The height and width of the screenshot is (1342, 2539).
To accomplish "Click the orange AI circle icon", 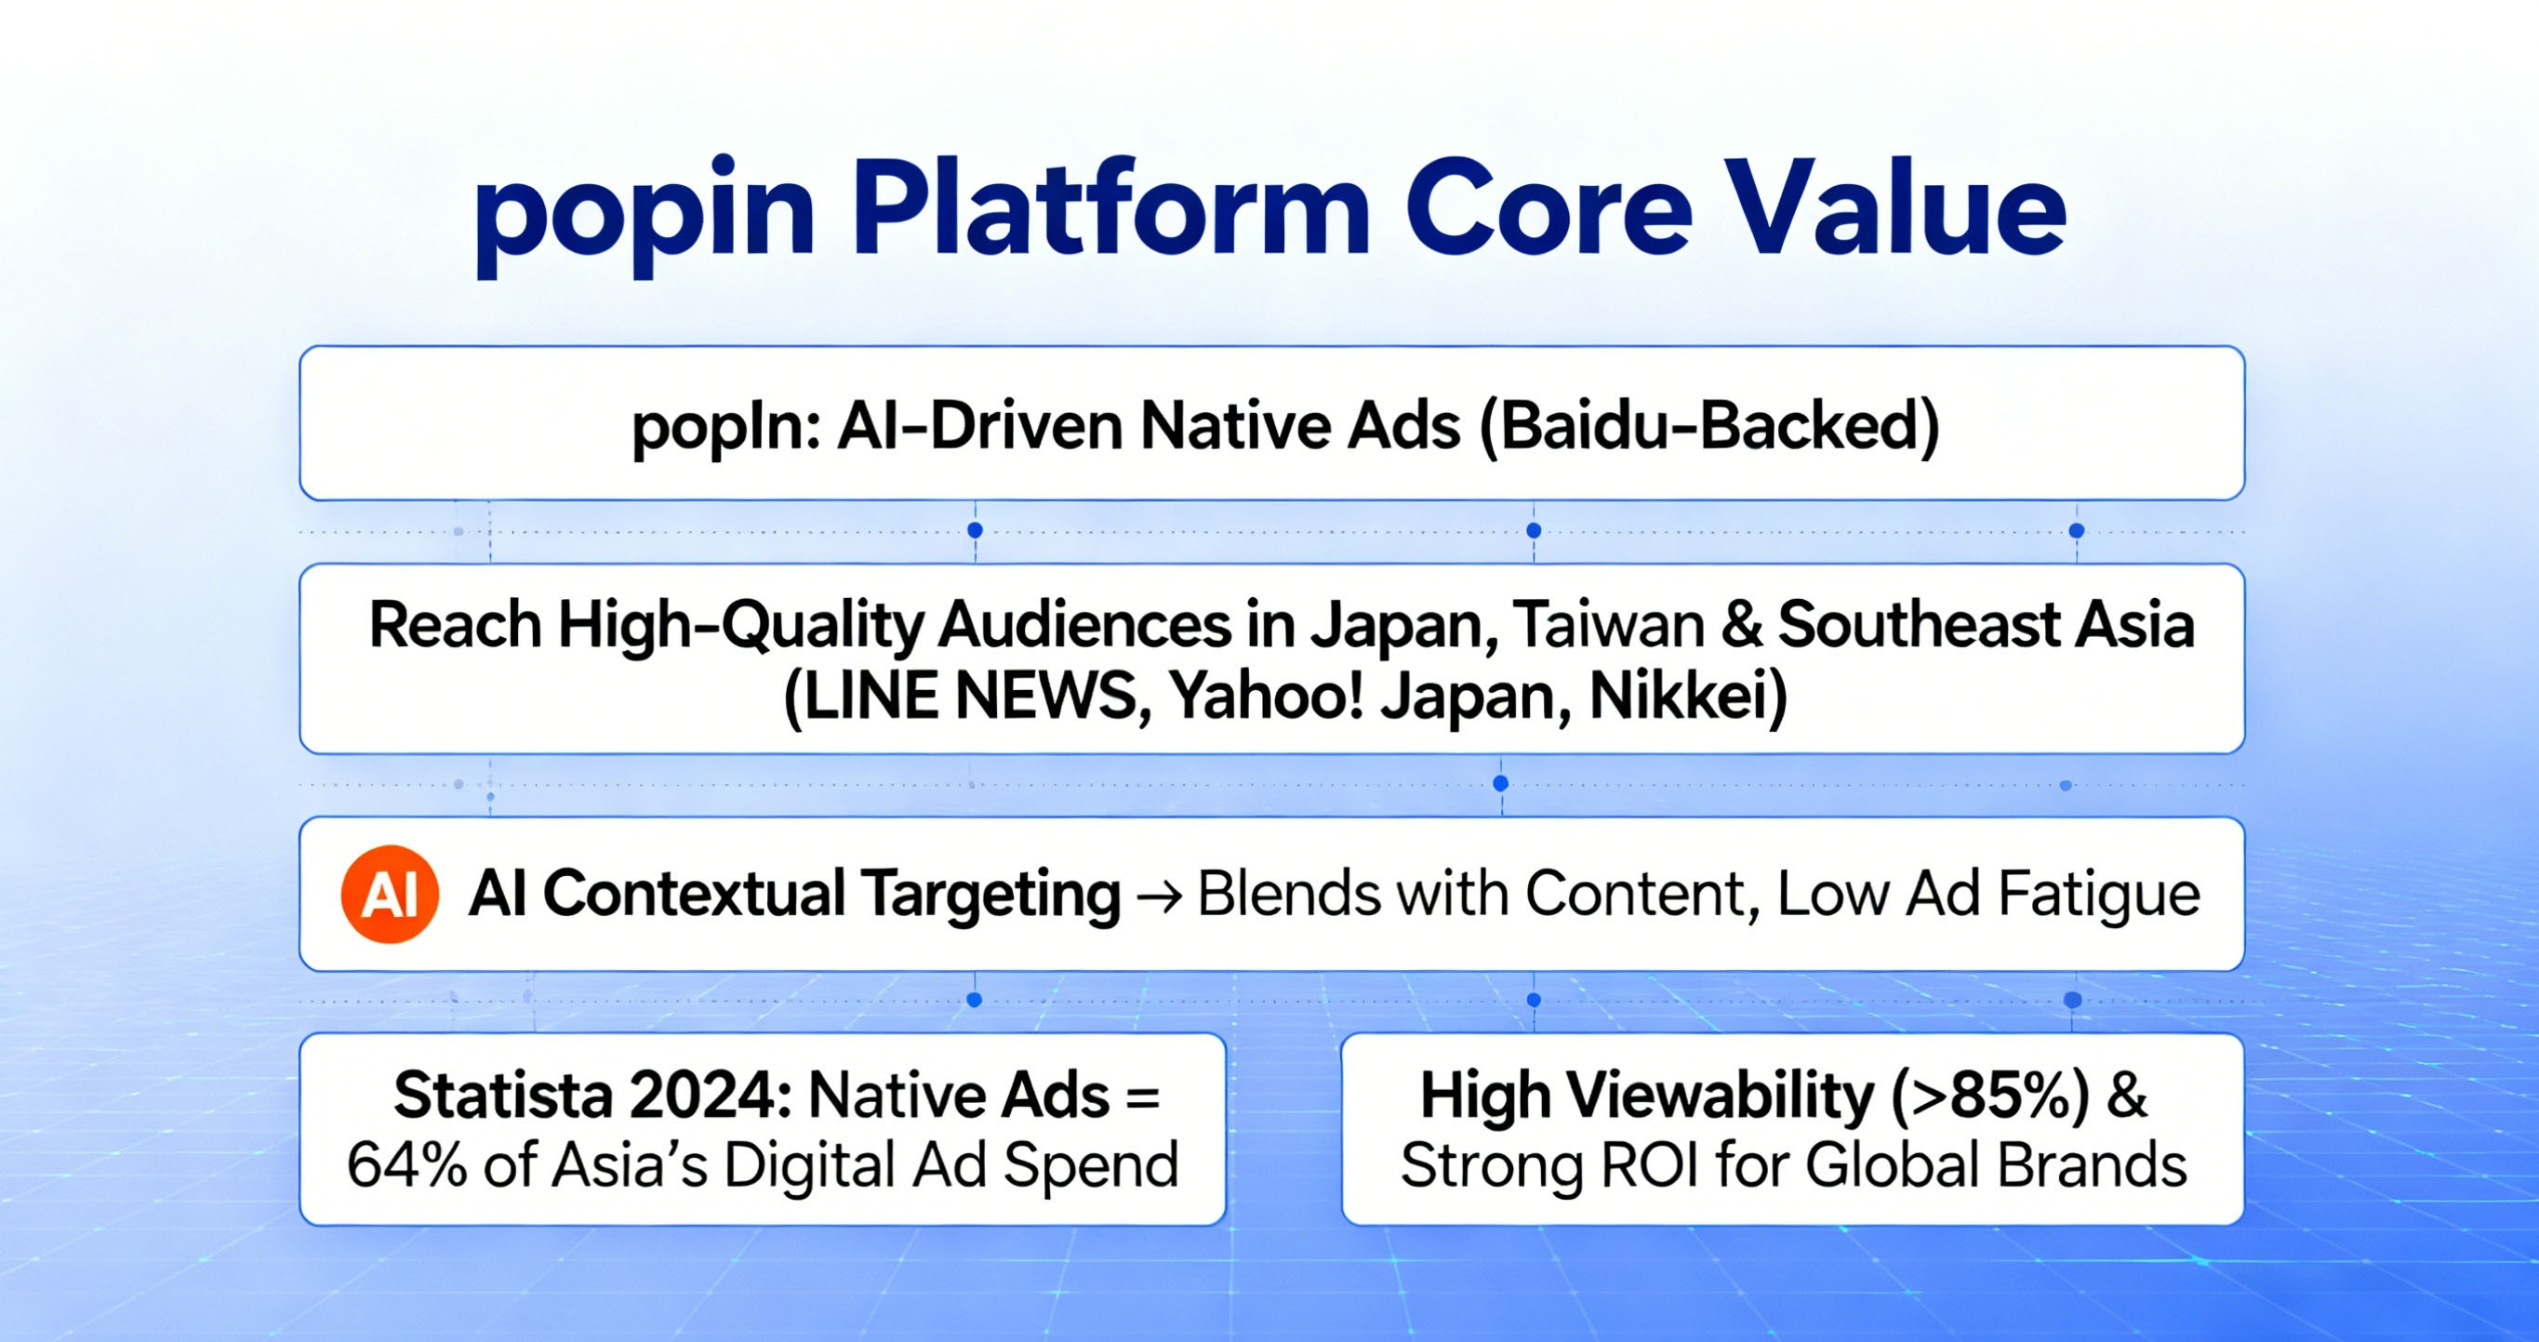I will (x=390, y=895).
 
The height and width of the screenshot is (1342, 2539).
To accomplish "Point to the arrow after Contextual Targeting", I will (x=1158, y=897).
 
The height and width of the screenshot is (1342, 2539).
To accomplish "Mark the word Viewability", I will (x=1720, y=1096).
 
